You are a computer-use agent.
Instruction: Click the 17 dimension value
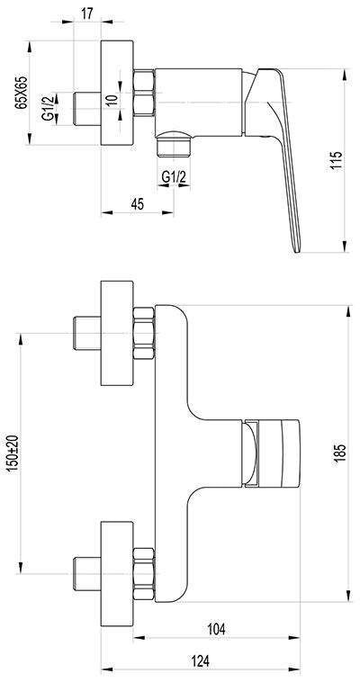[87, 13]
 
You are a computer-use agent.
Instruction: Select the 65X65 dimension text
[21, 93]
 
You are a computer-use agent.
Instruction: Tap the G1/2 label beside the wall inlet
[48, 109]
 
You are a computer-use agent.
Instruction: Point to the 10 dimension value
[112, 99]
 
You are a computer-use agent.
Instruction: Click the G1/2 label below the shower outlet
[174, 177]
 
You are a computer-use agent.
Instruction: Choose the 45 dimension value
[137, 204]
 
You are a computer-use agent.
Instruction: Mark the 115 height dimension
[337, 161]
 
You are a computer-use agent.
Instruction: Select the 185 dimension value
[339, 453]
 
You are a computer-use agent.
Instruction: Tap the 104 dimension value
[216, 629]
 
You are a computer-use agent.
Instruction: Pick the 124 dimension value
[200, 660]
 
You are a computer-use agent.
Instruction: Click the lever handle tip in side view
[297, 251]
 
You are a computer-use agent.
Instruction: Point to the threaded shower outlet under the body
[174, 144]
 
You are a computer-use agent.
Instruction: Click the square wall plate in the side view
[117, 93]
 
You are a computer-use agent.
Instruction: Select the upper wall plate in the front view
[117, 333]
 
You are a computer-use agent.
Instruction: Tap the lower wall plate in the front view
[117, 573]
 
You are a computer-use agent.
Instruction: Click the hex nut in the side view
[144, 93]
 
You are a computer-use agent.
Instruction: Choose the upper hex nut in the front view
[144, 333]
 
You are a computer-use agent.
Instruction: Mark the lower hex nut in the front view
[144, 573]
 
